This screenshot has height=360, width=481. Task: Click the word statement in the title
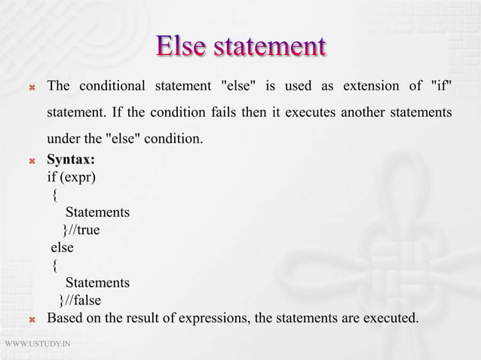pos(269,45)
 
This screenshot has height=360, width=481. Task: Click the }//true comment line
pos(81,230)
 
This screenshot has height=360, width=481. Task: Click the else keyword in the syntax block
pos(62,248)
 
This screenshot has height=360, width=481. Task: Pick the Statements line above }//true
pos(97,213)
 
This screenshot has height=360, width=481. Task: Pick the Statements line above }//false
pos(97,283)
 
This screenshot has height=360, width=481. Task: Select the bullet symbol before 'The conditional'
pos(32,85)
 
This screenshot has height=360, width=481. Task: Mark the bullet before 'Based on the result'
pos(32,320)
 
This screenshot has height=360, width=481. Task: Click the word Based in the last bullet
pos(66,319)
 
